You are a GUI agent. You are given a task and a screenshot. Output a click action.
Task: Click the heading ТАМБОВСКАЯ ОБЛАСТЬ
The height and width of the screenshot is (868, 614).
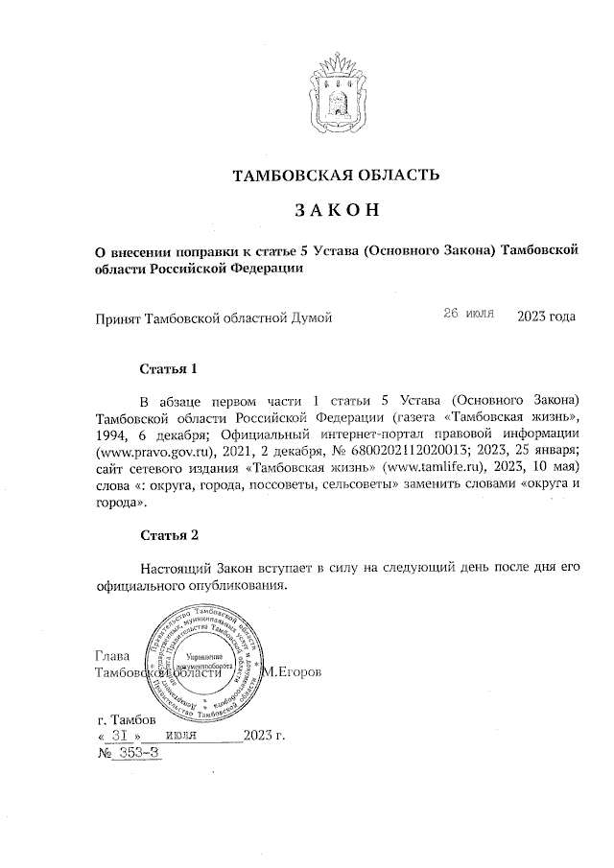(337, 175)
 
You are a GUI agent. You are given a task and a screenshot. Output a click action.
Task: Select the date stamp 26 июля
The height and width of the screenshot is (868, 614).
(468, 315)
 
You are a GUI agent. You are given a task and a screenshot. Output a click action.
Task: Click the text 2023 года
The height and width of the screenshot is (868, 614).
(546, 316)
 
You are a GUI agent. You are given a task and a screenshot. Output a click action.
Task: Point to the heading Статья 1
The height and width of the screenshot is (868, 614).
(169, 368)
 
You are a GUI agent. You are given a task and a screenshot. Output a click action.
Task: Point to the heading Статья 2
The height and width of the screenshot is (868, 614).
(169, 534)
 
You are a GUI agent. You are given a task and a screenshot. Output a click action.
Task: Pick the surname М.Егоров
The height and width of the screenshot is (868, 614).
(293, 672)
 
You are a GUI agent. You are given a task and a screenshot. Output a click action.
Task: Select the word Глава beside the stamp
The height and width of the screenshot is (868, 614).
(113, 656)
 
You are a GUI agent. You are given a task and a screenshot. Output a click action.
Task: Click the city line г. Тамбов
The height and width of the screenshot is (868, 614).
(128, 718)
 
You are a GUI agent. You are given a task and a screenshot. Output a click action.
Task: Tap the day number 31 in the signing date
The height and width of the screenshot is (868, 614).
(120, 736)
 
